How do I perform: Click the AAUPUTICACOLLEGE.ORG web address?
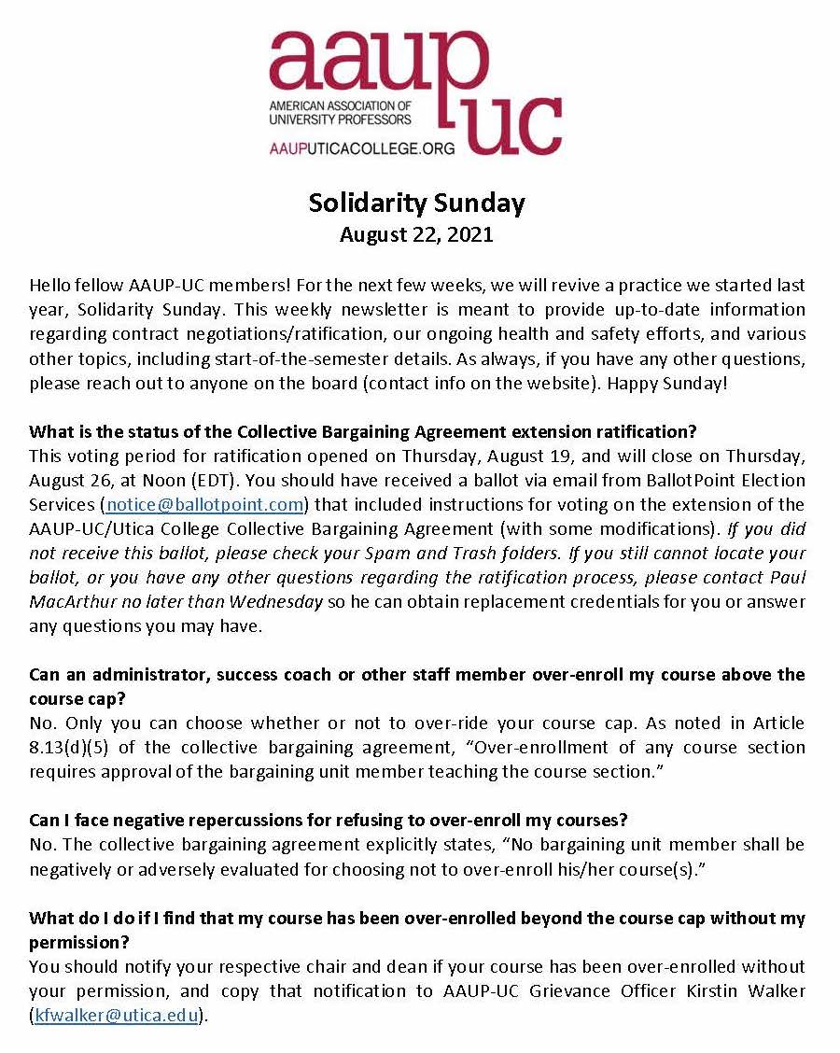[x=361, y=147]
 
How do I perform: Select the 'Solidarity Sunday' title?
[x=416, y=203]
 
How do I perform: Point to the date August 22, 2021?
[x=416, y=234]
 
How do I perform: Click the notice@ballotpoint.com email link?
[x=203, y=505]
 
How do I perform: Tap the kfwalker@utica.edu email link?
[x=117, y=1016]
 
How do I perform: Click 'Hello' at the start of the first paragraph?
[x=51, y=285]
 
